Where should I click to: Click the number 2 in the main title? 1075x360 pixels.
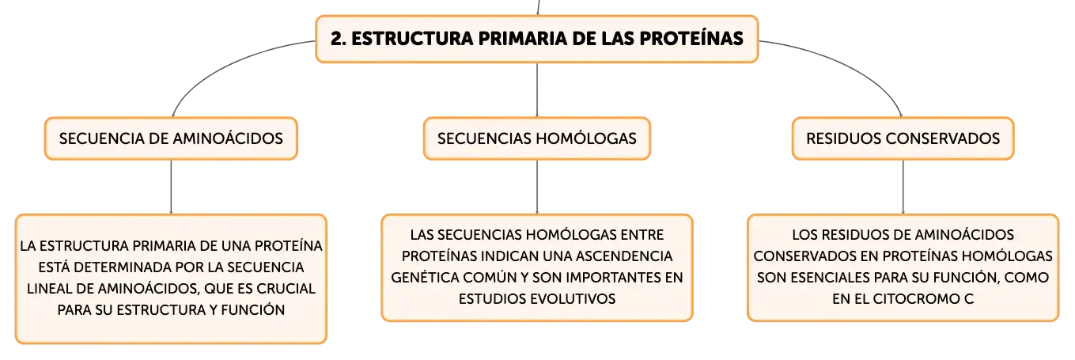pyautogui.click(x=337, y=39)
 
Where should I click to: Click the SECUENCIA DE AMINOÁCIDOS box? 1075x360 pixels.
pyautogui.click(x=172, y=138)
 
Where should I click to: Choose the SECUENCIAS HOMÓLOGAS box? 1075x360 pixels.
pyautogui.click(x=536, y=138)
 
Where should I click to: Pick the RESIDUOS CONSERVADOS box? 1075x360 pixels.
pyautogui.click(x=903, y=138)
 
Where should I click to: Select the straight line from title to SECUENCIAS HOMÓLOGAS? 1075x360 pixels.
pyautogui.click(x=537, y=89)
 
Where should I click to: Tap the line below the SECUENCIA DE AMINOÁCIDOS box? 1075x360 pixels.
pyautogui.click(x=172, y=188)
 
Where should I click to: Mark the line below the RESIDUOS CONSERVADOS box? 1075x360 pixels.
pyautogui.click(x=903, y=188)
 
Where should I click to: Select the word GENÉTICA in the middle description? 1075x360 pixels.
pyautogui.click(x=426, y=278)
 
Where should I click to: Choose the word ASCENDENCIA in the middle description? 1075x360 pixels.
pyautogui.click(x=624, y=256)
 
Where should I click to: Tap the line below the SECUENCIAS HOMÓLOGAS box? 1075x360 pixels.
pyautogui.click(x=537, y=188)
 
